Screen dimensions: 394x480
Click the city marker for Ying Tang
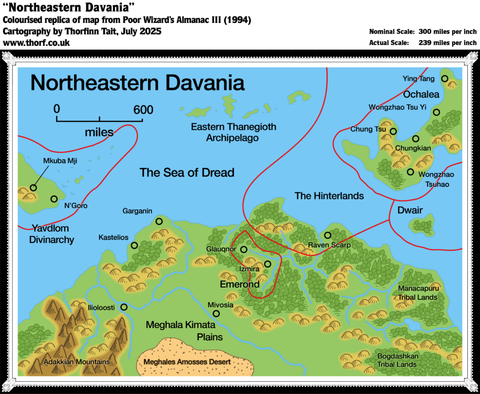[x=444, y=79]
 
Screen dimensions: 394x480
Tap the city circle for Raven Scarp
[x=327, y=235]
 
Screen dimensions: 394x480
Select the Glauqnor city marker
[x=244, y=249]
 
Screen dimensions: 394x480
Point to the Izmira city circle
[x=267, y=264]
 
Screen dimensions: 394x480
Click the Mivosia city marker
[x=216, y=313]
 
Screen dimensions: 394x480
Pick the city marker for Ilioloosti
[x=124, y=307]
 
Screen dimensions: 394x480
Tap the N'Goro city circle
[x=54, y=199]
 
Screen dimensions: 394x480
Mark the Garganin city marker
[x=159, y=221]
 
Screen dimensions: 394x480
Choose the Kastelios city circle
[x=135, y=245]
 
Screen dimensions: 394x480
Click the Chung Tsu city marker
[x=393, y=131]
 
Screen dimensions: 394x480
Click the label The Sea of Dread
[x=187, y=173]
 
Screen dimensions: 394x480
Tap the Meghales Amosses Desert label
[x=187, y=362]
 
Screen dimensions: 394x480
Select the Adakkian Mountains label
[x=76, y=362]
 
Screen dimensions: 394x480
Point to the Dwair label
[x=410, y=210]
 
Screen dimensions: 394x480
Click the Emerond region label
[x=240, y=284]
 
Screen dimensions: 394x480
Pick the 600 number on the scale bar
[x=143, y=110]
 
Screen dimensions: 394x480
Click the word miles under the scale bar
[x=99, y=133]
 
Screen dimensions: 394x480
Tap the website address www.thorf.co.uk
[x=36, y=43]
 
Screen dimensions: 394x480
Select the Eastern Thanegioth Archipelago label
[x=233, y=132]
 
